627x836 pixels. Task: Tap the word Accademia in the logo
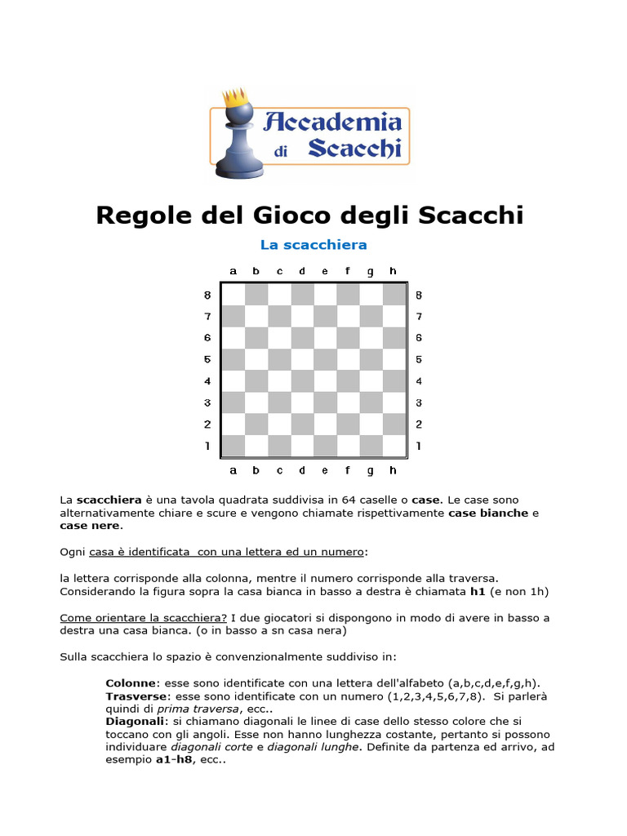(x=336, y=123)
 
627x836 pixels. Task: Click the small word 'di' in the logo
(x=282, y=151)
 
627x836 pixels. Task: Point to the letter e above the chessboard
(x=325, y=271)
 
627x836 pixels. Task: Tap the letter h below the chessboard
(x=394, y=470)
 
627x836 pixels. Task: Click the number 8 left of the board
(x=207, y=295)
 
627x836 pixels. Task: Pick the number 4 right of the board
(x=419, y=381)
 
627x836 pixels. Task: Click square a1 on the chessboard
(x=233, y=446)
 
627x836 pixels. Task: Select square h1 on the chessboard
(x=394, y=446)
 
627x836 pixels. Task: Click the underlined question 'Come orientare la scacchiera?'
(x=143, y=617)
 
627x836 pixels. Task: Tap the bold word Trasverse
(x=136, y=696)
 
